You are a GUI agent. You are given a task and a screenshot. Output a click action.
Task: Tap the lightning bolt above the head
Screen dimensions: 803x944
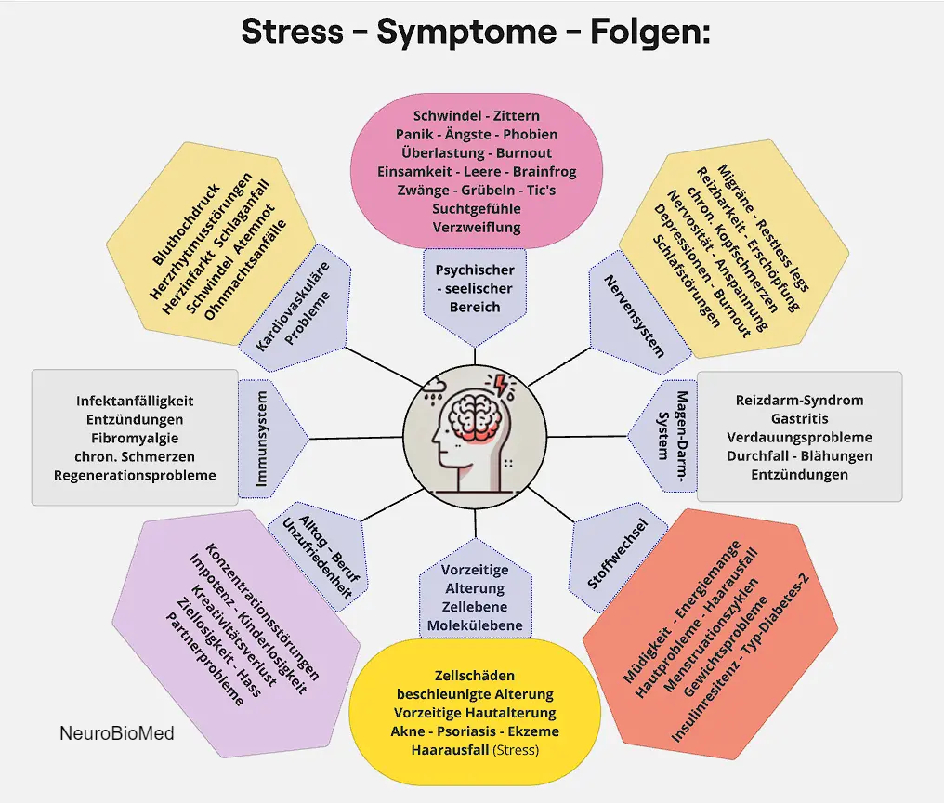(x=501, y=385)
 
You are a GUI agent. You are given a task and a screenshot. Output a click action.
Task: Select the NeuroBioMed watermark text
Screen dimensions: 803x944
(x=116, y=733)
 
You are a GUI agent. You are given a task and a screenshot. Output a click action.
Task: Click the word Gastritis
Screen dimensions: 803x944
(x=798, y=418)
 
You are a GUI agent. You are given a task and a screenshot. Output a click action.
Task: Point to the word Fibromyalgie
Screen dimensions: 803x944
(x=135, y=438)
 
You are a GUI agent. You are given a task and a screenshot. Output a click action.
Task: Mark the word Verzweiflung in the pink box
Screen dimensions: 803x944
(x=476, y=227)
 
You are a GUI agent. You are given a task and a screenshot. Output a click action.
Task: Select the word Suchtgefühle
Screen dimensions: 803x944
(x=476, y=208)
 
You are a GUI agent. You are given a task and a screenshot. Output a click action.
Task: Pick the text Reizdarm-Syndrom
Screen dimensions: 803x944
(x=799, y=400)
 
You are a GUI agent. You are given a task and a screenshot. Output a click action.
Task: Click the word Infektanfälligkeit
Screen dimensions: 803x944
(x=135, y=401)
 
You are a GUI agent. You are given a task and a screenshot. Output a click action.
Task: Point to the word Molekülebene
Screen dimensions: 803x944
(x=475, y=625)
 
